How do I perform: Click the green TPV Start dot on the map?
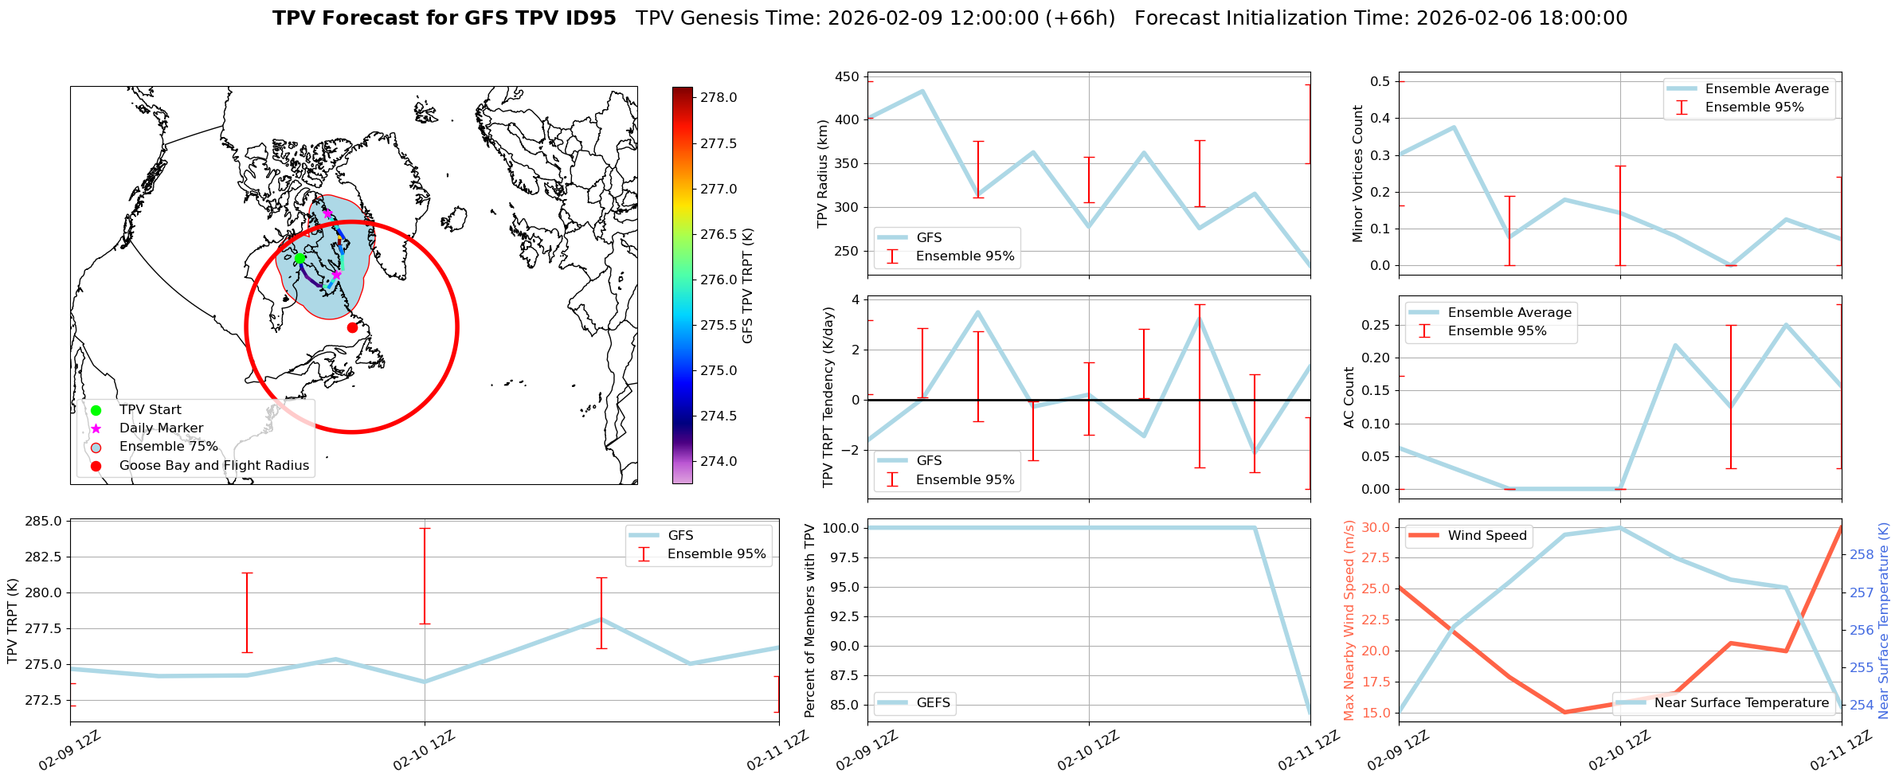click(300, 258)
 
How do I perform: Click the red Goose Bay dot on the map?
click(352, 327)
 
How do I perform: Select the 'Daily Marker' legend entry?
click(161, 428)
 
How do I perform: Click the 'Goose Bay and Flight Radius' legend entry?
click(213, 466)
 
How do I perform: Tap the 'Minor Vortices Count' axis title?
click(1358, 174)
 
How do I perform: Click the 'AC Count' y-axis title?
click(1349, 397)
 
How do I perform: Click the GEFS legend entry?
click(933, 703)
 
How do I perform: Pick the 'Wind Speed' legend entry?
click(1486, 536)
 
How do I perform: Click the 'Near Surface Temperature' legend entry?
click(1741, 703)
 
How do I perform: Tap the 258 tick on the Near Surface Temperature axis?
click(1862, 555)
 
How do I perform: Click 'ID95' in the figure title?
click(590, 18)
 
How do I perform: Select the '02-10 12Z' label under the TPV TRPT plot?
click(425, 750)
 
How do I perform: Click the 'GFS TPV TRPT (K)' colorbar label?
click(747, 285)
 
